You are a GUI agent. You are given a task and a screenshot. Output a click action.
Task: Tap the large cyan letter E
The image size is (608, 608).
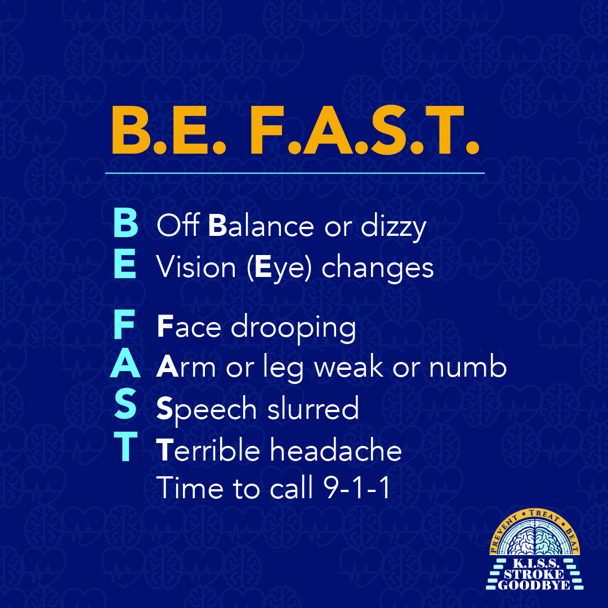[125, 263]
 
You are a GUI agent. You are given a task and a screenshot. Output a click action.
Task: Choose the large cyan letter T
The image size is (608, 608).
[126, 446]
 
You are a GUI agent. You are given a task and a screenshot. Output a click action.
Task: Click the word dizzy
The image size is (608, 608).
[394, 227]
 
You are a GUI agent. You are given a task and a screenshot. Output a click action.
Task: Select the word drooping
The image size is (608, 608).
[293, 328]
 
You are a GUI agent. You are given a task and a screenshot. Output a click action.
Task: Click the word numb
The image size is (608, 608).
[468, 366]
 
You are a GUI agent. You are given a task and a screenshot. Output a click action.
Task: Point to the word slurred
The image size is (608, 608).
[314, 408]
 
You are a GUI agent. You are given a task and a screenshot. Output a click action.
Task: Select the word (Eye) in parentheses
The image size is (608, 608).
[280, 267]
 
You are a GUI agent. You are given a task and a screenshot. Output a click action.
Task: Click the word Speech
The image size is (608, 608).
[207, 409]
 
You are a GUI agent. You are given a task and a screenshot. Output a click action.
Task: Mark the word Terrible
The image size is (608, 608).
[208, 449]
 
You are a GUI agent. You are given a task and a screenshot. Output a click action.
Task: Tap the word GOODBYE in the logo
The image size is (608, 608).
[534, 585]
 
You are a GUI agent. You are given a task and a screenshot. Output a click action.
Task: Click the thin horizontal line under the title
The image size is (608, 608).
[294, 173]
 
